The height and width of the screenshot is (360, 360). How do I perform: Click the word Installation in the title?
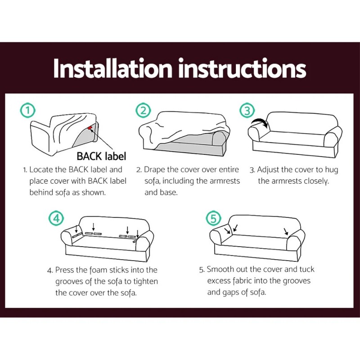[x=112, y=68]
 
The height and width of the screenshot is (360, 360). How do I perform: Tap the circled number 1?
[x=28, y=110]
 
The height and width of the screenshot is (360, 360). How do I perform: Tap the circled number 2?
[x=143, y=110]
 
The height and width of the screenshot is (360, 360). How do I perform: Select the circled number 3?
[x=247, y=110]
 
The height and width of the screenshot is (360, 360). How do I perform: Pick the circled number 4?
[x=55, y=219]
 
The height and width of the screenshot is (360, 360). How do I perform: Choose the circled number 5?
[x=213, y=219]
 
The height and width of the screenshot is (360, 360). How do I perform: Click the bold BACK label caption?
[x=101, y=157]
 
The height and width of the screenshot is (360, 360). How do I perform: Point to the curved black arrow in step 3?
[x=259, y=123]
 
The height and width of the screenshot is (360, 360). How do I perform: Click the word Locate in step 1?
[x=41, y=170]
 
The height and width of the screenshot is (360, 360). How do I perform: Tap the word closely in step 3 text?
[x=316, y=181]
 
